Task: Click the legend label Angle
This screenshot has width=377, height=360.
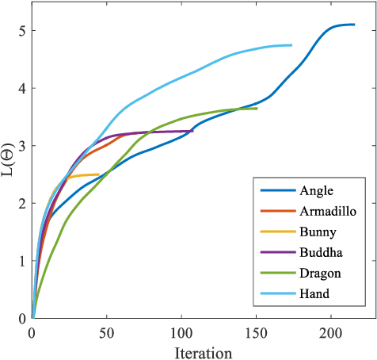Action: [x=316, y=190]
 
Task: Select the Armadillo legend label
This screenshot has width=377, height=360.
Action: [x=326, y=211]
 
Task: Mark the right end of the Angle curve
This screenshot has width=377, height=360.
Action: [x=354, y=25]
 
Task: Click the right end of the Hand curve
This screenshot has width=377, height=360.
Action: [x=291, y=45]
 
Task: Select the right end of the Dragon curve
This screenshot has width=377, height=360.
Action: [x=257, y=108]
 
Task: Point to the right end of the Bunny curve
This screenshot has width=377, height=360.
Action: [x=98, y=174]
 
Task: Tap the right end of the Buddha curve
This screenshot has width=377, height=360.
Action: [x=192, y=131]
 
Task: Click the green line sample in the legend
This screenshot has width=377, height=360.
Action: [x=277, y=273]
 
